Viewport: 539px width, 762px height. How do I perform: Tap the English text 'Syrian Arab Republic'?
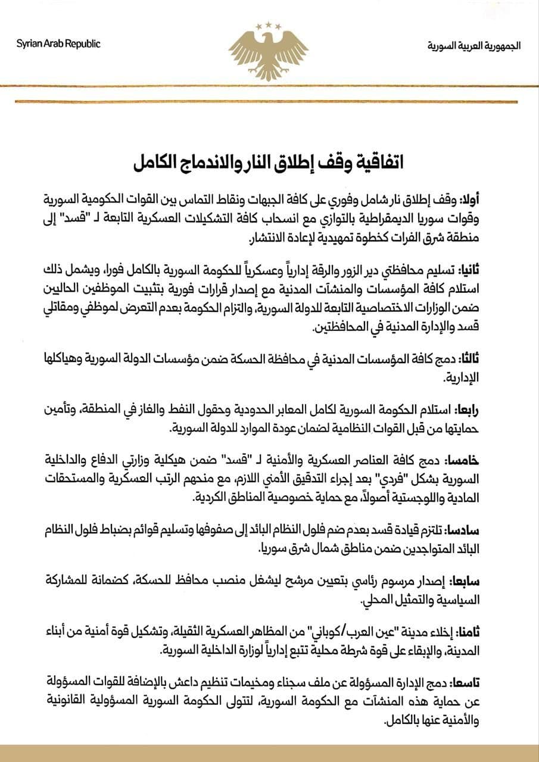point(59,44)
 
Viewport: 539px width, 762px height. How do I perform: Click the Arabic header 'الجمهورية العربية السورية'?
point(473,45)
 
